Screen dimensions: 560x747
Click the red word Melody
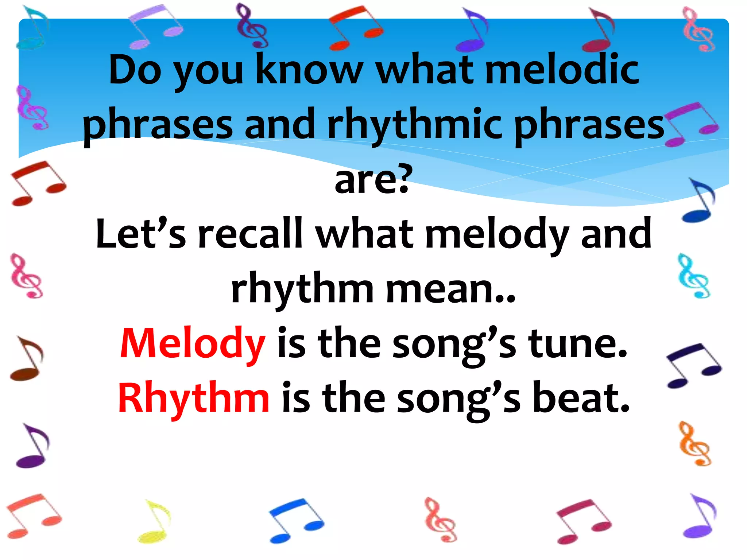tap(193, 343)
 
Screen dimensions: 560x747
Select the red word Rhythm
tap(194, 398)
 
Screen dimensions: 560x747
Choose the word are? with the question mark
tap(373, 179)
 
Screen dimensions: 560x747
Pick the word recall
tap(250, 233)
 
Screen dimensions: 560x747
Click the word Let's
tap(140, 233)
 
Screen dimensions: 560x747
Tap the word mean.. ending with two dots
tap(450, 289)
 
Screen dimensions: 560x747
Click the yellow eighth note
tap(154, 521)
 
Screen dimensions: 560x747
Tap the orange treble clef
tap(695, 444)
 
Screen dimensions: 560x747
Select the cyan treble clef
tap(693, 276)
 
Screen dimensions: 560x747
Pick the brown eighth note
tap(27, 359)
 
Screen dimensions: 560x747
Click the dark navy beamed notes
tap(693, 365)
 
